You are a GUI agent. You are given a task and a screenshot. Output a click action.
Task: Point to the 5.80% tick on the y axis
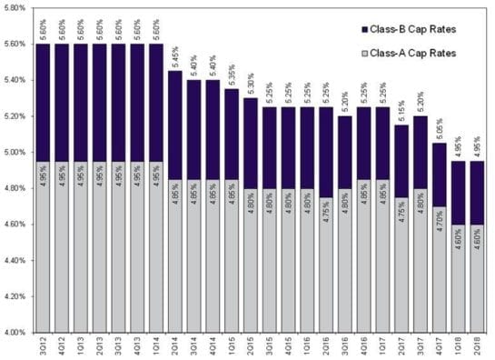pos(16,8)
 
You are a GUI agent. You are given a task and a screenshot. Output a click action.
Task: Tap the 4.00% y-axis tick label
pos(16,333)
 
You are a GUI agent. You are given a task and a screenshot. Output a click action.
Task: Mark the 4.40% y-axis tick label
pos(16,261)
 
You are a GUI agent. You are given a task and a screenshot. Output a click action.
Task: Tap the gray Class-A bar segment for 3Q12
pos(42,264)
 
